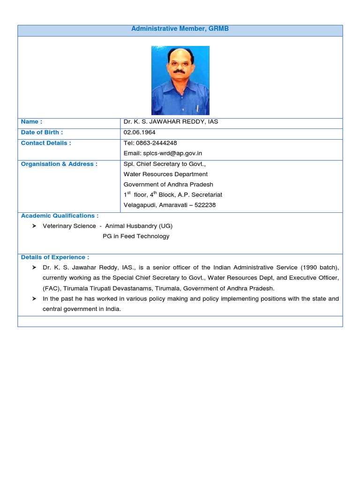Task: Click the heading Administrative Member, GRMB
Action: tap(180, 29)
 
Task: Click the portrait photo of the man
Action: tap(180, 80)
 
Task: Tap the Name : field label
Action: tap(31, 122)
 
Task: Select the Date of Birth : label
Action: tap(42, 133)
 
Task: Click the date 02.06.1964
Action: tap(140, 133)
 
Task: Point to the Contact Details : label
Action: tap(46, 143)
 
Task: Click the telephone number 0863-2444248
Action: tap(156, 143)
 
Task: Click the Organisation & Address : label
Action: tap(59, 164)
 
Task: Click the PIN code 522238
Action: tap(205, 205)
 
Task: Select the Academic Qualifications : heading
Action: tap(60, 216)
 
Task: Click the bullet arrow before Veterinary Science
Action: tap(34, 226)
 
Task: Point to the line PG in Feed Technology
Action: tap(136, 236)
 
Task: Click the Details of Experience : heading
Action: tap(55, 257)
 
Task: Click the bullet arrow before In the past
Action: tap(34, 299)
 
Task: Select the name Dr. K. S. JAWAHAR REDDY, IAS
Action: tap(171, 122)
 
